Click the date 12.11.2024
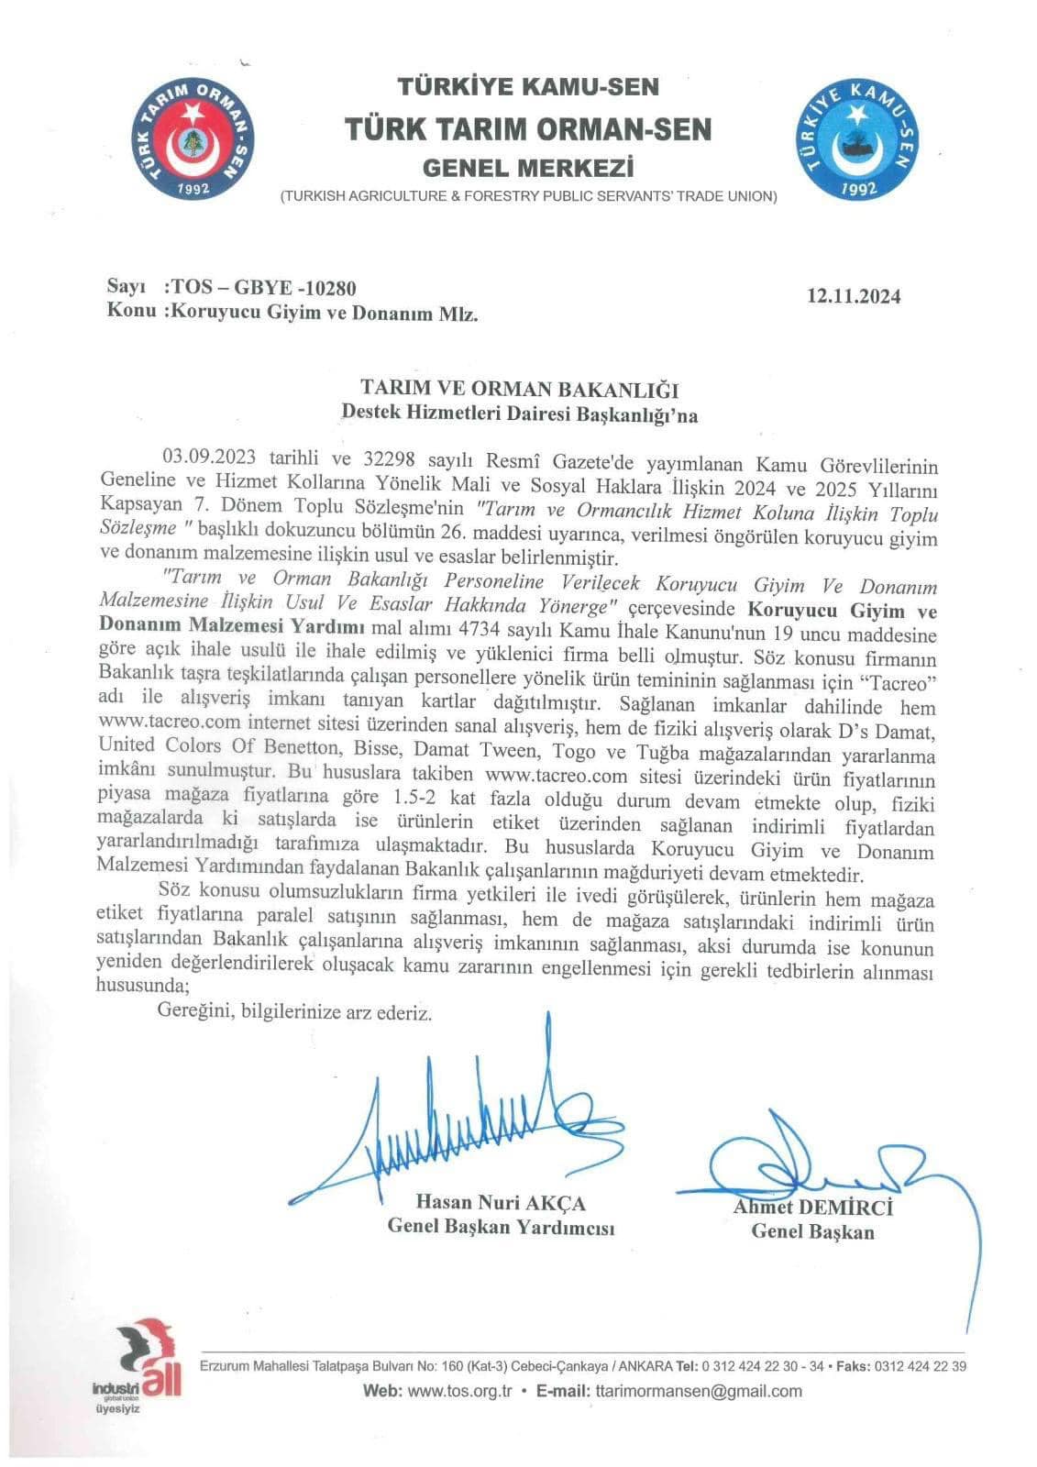854,296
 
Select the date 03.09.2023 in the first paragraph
207,456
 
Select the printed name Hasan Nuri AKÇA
501,1203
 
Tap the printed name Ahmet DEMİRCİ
812,1208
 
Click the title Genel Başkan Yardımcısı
501,1228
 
